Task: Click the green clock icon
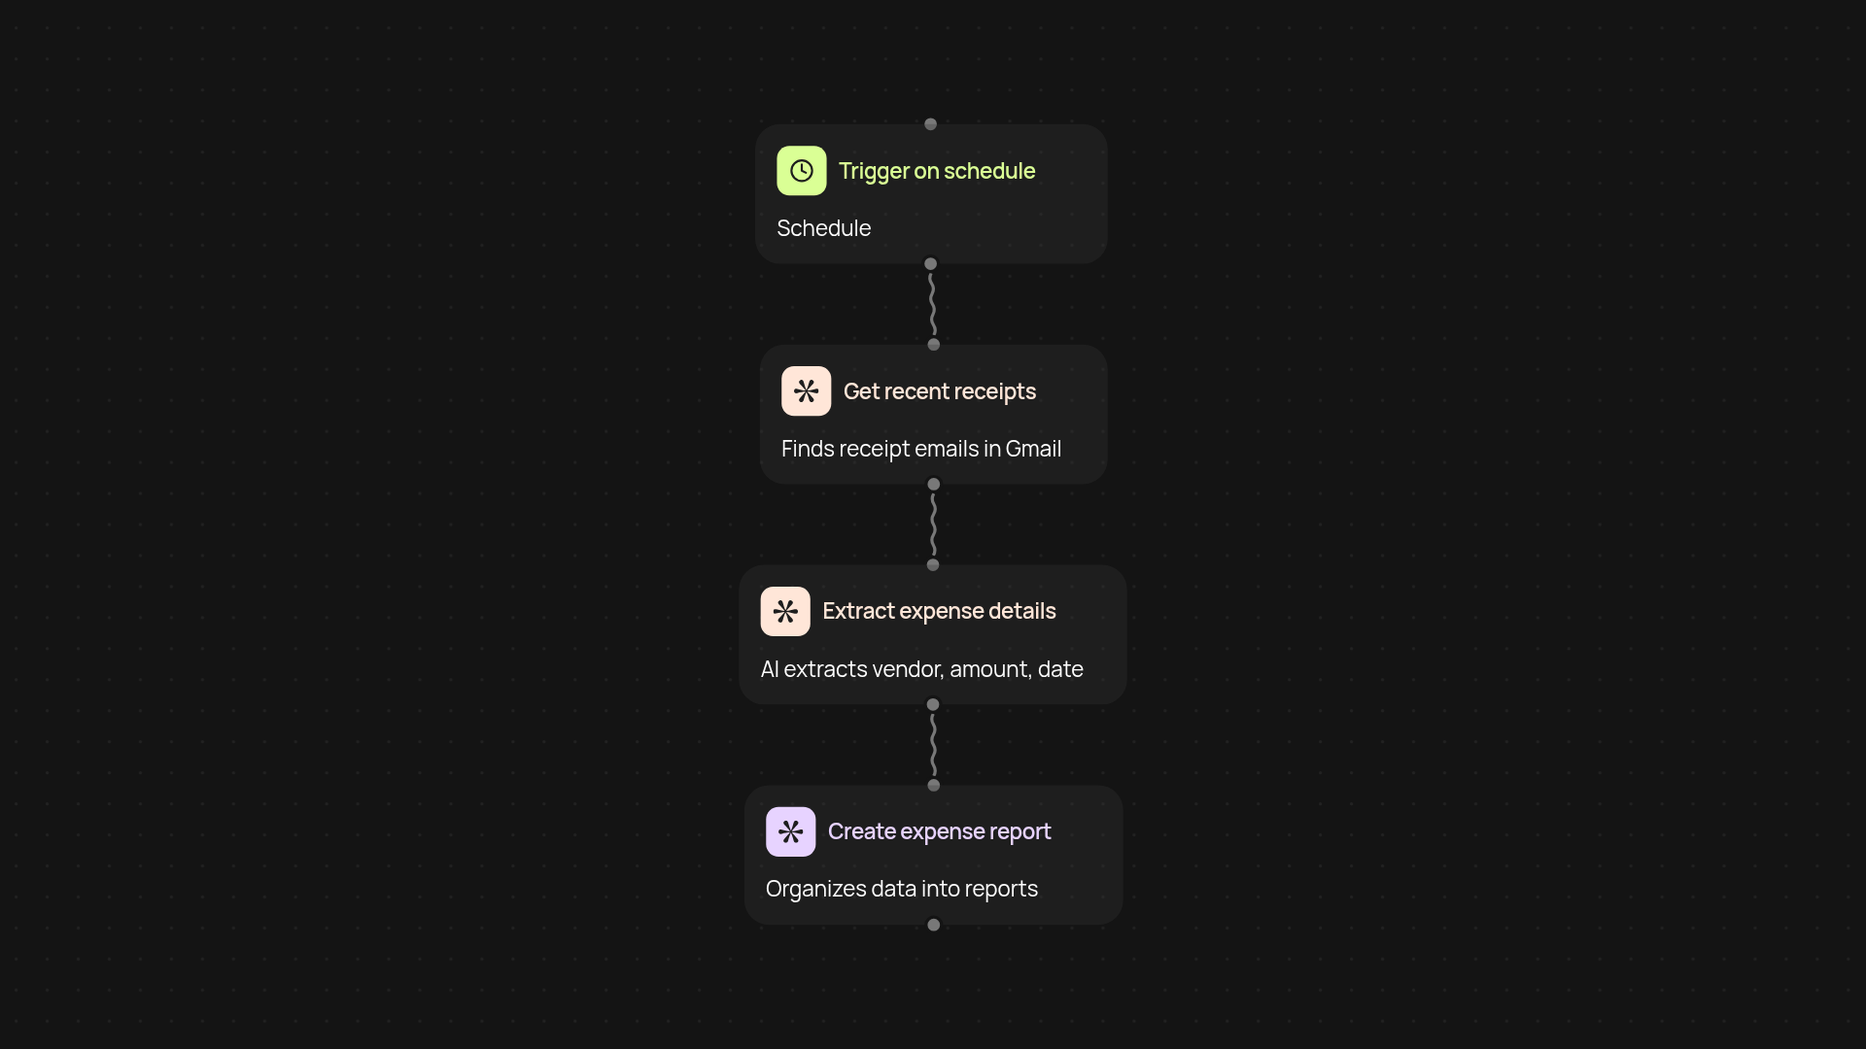(x=801, y=171)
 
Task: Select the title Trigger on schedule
(x=936, y=171)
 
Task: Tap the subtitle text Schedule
(x=823, y=228)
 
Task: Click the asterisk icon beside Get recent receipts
(x=806, y=391)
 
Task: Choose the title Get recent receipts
(x=939, y=391)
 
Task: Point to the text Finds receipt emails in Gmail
(x=920, y=449)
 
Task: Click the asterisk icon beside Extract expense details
(x=785, y=611)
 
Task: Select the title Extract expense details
(x=939, y=611)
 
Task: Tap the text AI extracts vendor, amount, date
(x=921, y=669)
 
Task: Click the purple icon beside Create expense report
(x=790, y=831)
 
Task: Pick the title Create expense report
(x=939, y=831)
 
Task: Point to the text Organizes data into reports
(x=901, y=889)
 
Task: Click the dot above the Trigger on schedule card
(x=930, y=124)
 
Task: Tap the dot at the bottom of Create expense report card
(x=933, y=925)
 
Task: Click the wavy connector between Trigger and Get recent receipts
(x=932, y=304)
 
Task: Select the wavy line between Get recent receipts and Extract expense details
(x=933, y=524)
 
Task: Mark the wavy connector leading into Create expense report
(x=933, y=745)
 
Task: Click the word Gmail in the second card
(x=1033, y=449)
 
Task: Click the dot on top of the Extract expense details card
(x=933, y=565)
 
